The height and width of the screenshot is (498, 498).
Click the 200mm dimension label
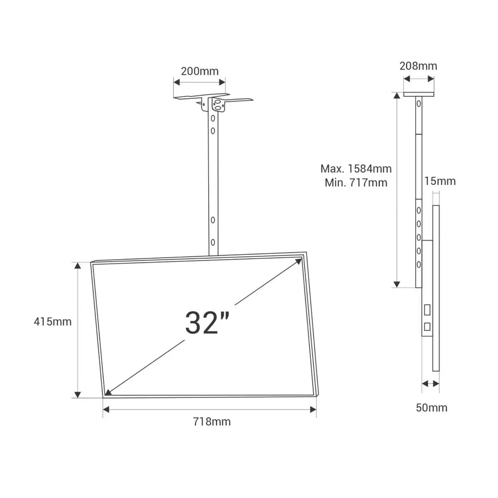(199, 71)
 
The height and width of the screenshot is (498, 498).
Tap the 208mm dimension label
(418, 66)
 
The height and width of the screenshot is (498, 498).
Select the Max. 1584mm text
(356, 169)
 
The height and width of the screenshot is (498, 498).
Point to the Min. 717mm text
(356, 183)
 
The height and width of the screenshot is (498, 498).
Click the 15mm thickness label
(440, 181)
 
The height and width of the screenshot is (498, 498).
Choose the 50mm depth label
(431, 408)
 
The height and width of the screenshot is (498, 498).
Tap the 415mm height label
(53, 321)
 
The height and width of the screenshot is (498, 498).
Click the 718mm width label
(210, 422)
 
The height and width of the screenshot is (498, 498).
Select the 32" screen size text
(207, 322)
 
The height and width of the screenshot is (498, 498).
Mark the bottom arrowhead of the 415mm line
(77, 394)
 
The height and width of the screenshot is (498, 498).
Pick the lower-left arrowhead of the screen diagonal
(108, 391)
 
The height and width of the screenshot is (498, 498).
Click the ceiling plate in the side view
(419, 94)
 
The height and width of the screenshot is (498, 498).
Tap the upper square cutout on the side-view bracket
(427, 309)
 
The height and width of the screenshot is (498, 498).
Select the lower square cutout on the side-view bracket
(427, 326)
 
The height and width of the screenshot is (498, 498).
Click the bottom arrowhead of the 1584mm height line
(397, 284)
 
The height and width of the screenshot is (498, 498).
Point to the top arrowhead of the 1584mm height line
(397, 96)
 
